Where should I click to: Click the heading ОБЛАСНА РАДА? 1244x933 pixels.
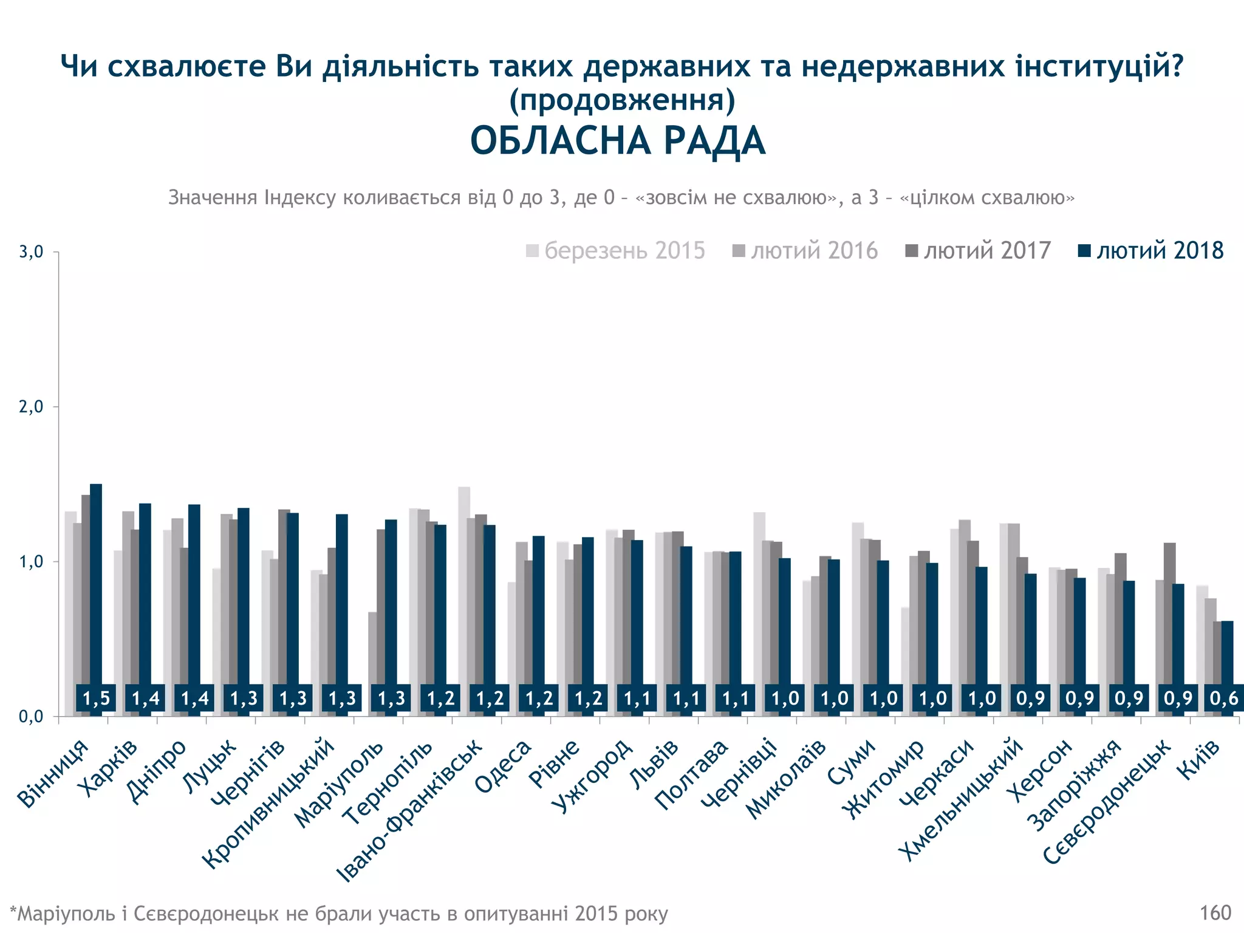tap(618, 141)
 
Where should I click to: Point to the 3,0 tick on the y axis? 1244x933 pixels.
tap(31, 251)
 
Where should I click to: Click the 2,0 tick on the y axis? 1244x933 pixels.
tap(31, 406)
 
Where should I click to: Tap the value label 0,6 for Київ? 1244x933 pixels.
tap(1223, 699)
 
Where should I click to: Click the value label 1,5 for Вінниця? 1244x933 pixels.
tap(96, 699)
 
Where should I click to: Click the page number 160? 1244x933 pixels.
tap(1215, 912)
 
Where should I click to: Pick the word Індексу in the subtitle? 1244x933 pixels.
tap(300, 197)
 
